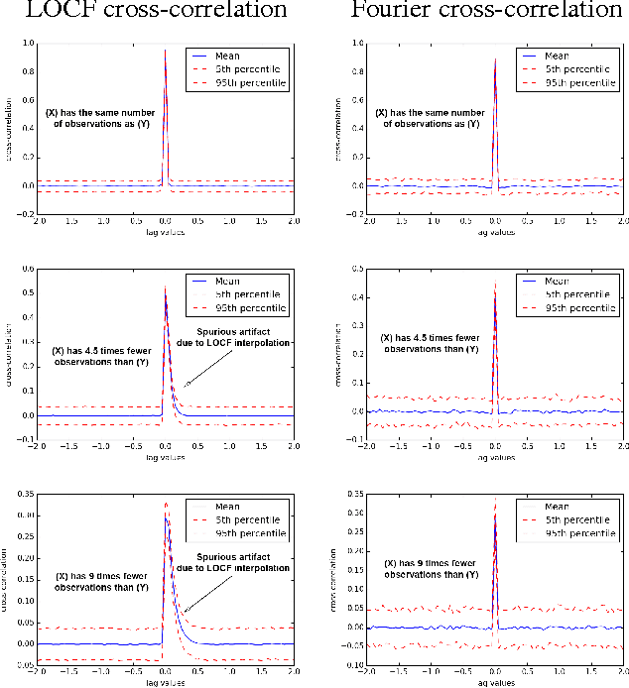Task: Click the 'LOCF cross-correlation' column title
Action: click(156, 12)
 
